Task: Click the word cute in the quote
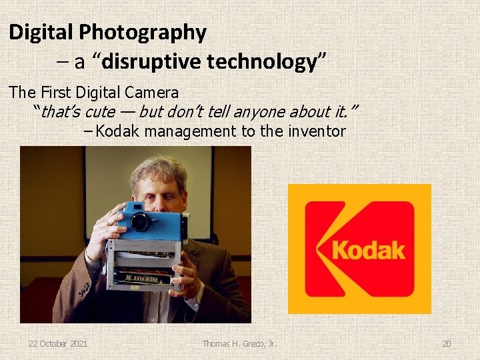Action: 99,111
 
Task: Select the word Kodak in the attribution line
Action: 117,131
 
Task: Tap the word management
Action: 191,131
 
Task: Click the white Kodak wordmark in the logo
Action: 368,251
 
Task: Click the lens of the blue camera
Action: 141,222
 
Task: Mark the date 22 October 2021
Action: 57,344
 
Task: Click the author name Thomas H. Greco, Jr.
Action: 240,344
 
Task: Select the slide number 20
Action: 446,344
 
